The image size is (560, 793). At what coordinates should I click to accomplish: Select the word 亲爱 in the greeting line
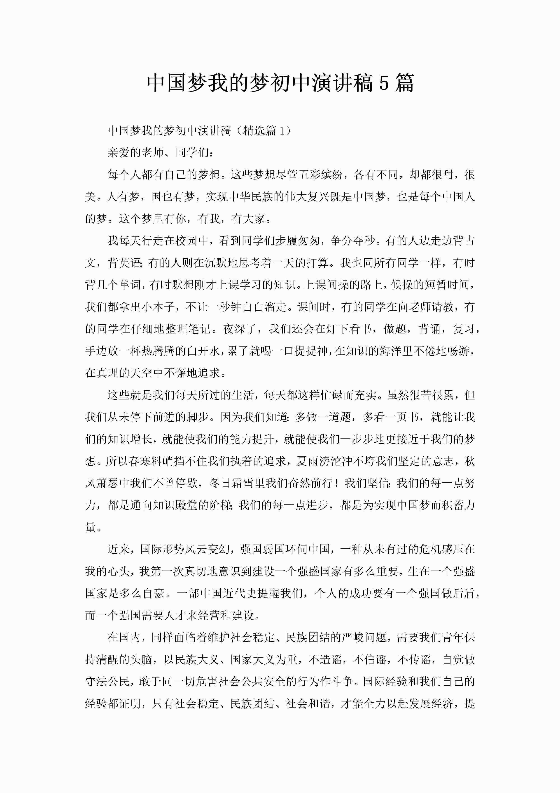pos(119,152)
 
